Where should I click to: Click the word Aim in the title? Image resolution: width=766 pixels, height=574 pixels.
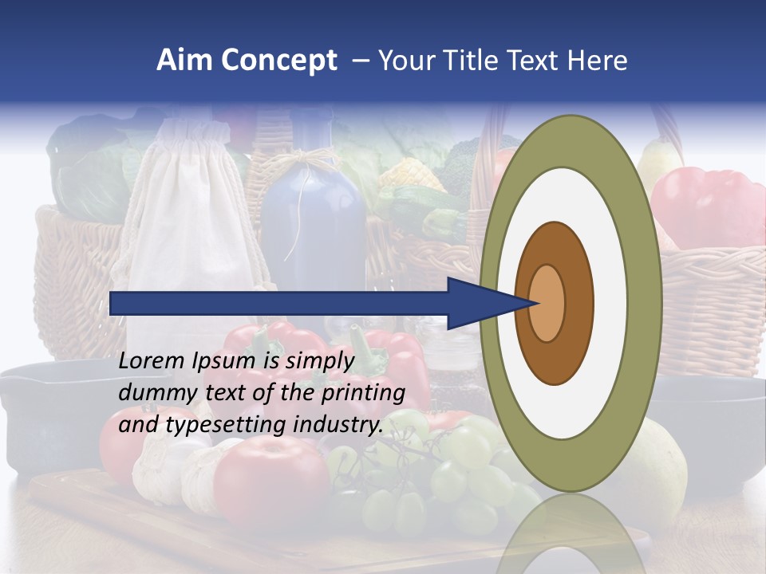coord(185,61)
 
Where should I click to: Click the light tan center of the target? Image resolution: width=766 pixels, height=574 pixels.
coord(547,303)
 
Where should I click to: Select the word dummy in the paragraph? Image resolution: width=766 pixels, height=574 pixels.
coord(152,394)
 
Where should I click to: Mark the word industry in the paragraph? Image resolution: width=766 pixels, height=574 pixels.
coord(337,425)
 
